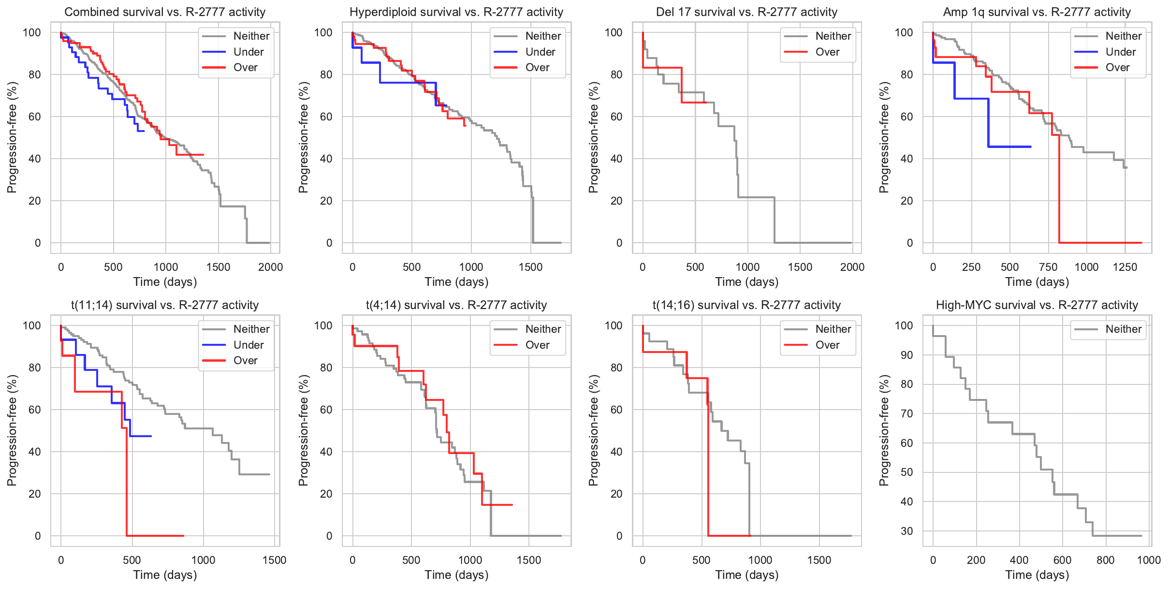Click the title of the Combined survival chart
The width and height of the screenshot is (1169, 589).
click(x=165, y=12)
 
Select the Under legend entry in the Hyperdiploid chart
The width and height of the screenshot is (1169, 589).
click(x=540, y=52)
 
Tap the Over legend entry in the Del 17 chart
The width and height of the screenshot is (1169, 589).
click(x=827, y=52)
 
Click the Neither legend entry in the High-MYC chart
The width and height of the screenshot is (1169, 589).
click(x=1123, y=329)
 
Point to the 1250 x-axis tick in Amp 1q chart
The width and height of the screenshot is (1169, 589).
click(x=1125, y=267)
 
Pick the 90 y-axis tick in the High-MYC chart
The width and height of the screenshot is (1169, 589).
click(x=907, y=355)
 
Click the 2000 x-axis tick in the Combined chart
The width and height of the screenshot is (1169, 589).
click(x=270, y=267)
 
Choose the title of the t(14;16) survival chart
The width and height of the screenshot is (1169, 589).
click(x=746, y=305)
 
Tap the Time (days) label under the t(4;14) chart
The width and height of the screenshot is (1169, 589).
click(x=456, y=575)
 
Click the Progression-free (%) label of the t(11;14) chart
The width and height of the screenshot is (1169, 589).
click(x=12, y=430)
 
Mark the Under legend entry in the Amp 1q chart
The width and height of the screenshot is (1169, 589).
click(x=1120, y=52)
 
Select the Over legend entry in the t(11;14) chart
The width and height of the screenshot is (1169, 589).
click(x=245, y=360)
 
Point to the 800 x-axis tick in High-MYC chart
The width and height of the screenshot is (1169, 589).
click(x=1105, y=560)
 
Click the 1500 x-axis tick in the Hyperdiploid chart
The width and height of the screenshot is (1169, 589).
click(x=530, y=267)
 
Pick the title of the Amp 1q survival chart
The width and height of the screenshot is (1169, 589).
click(x=1037, y=12)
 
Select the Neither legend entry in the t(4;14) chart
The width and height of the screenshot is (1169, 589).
click(x=543, y=329)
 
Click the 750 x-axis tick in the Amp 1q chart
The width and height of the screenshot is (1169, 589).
click(x=1048, y=267)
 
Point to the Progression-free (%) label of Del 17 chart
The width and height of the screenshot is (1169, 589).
click(x=593, y=137)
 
